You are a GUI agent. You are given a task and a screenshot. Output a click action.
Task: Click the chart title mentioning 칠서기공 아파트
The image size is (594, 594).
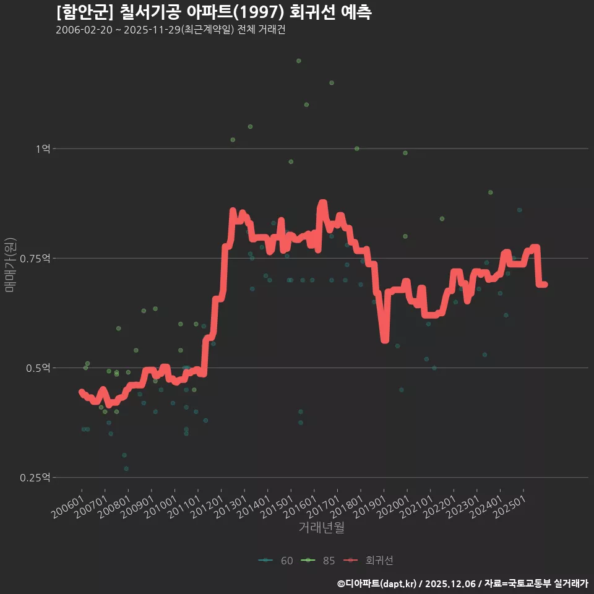(213, 12)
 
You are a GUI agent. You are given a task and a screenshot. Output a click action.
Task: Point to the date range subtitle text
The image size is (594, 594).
(170, 30)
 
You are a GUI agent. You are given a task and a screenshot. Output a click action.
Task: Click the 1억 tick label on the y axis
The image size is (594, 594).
(42, 148)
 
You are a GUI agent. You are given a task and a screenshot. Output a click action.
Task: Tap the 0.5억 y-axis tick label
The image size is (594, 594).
(38, 368)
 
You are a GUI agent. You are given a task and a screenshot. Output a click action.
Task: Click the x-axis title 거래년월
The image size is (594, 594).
(321, 527)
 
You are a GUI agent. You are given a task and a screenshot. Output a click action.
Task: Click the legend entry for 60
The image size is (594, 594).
(276, 561)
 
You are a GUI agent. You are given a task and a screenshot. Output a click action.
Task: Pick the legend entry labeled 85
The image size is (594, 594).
(318, 561)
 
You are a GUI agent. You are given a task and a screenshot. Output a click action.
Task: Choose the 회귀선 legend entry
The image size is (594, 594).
(369, 561)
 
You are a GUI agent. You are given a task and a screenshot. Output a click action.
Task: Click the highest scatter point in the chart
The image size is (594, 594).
(298, 61)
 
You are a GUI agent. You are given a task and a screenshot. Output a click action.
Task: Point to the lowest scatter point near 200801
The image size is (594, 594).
(126, 468)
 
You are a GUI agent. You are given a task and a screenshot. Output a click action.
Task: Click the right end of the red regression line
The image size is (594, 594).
(545, 285)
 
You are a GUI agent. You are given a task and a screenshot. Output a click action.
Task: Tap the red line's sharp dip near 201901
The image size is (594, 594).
(385, 339)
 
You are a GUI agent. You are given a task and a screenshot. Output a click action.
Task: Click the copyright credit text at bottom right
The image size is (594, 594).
(462, 583)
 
